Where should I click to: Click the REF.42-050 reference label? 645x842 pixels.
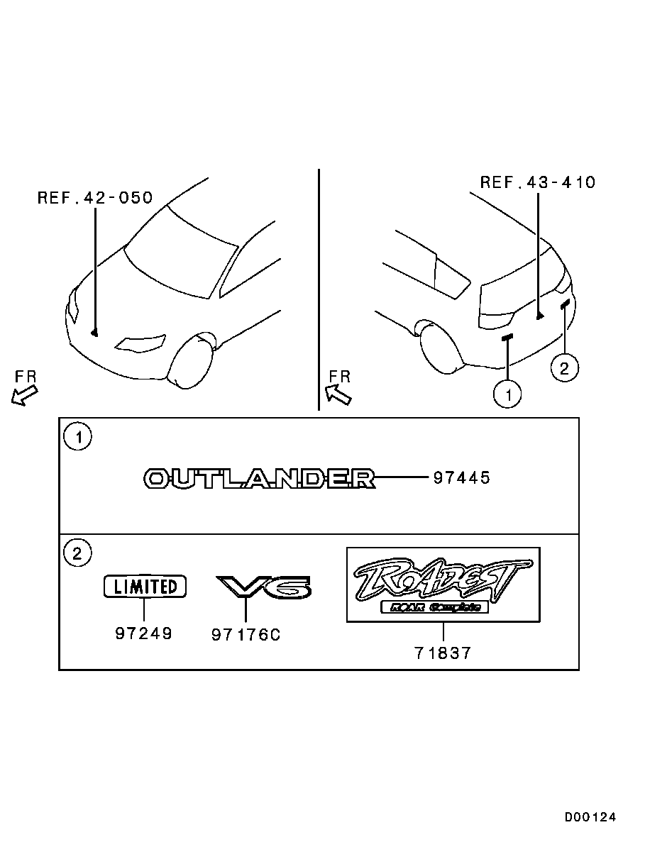click(x=95, y=198)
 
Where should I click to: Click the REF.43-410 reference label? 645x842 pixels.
click(x=538, y=182)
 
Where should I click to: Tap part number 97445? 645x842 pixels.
click(x=461, y=478)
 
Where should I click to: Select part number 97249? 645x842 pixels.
click(x=144, y=633)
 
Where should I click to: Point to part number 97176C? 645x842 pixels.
click(x=246, y=635)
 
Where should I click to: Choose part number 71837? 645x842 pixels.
click(x=443, y=653)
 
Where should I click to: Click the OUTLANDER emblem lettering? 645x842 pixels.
click(x=259, y=479)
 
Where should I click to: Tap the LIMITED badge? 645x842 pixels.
click(x=145, y=587)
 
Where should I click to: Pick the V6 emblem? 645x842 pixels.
click(x=263, y=587)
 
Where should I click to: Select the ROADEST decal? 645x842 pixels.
click(x=443, y=585)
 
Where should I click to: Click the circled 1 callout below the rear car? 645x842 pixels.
click(x=508, y=394)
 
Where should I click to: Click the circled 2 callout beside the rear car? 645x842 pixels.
click(x=564, y=368)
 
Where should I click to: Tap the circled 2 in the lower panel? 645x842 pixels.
click(x=77, y=553)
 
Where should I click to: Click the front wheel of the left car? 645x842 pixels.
click(x=189, y=361)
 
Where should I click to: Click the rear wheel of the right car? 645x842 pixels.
click(x=441, y=348)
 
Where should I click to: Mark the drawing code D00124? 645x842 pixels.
click(x=590, y=817)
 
